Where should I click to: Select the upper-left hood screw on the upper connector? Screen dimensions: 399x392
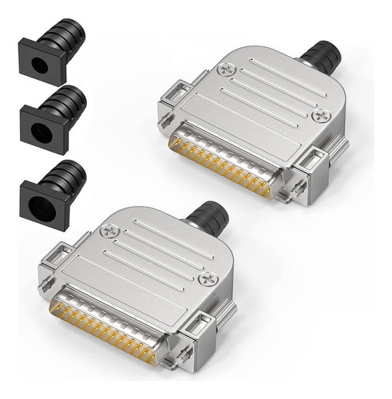click(226, 69)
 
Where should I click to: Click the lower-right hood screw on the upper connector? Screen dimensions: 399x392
click(323, 116)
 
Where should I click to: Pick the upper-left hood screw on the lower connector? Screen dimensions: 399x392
click(111, 231)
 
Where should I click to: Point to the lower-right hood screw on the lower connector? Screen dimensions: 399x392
click(210, 279)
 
